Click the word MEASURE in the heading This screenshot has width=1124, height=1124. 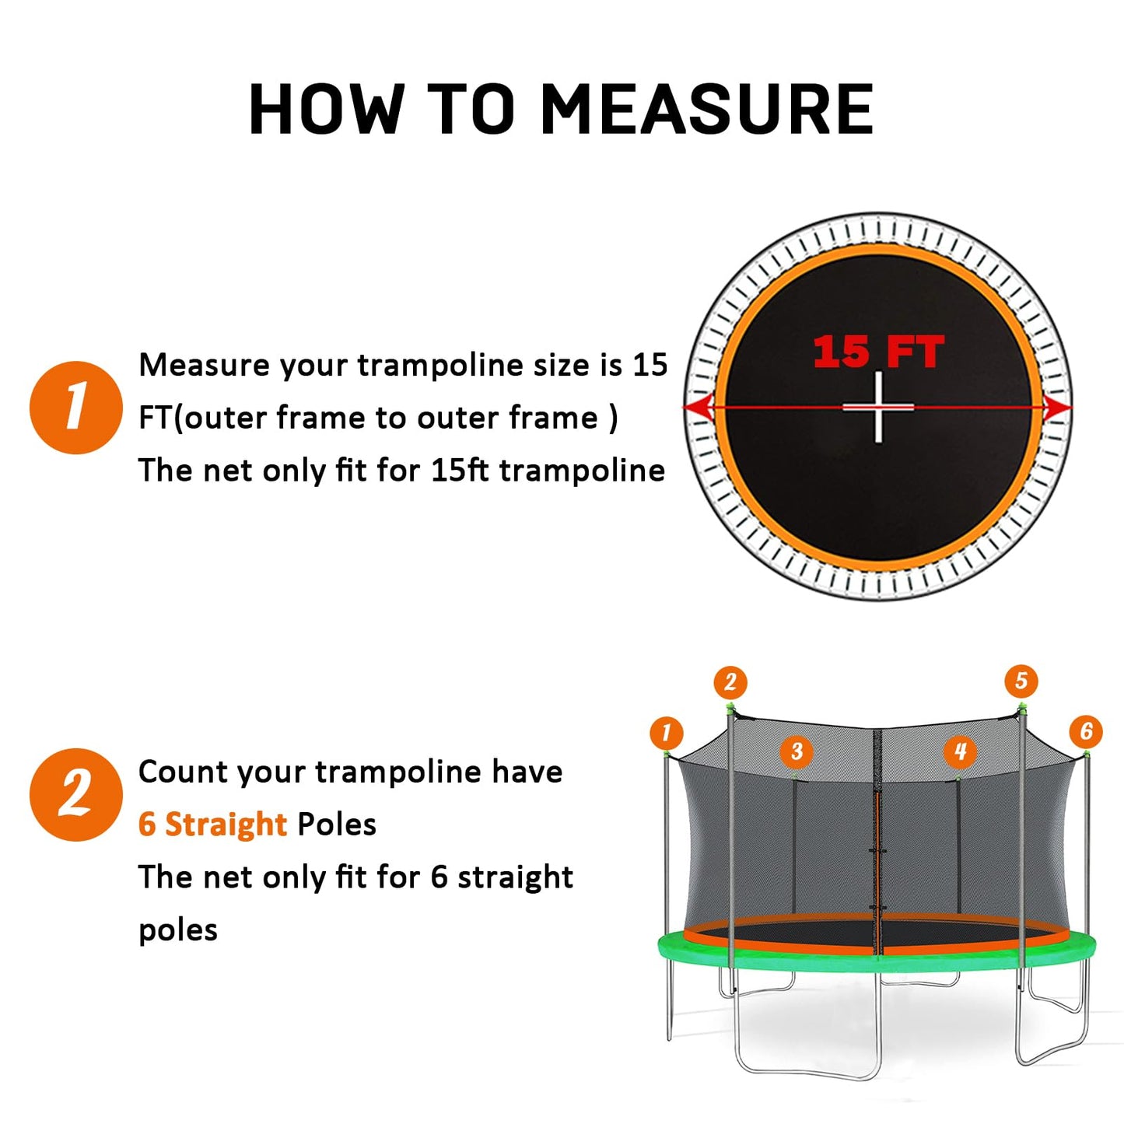click(x=706, y=110)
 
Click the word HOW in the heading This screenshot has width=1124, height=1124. click(x=327, y=110)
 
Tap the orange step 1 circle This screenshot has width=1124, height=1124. click(x=75, y=407)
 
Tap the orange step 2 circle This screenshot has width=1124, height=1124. click(x=75, y=794)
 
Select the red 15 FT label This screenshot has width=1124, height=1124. click(x=878, y=352)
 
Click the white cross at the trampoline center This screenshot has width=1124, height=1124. click(x=878, y=407)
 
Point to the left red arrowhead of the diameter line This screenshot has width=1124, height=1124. click(x=698, y=407)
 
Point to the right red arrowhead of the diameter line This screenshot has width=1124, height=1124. click(x=1059, y=407)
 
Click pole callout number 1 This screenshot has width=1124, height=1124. click(x=666, y=732)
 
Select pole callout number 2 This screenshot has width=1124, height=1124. click(x=730, y=682)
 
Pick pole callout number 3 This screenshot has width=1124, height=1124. click(x=796, y=751)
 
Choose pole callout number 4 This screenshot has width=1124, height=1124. click(x=960, y=751)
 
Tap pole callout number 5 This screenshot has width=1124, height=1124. click(x=1021, y=681)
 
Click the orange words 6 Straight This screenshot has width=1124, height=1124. click(x=212, y=824)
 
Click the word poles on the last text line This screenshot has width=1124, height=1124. click(x=178, y=930)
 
